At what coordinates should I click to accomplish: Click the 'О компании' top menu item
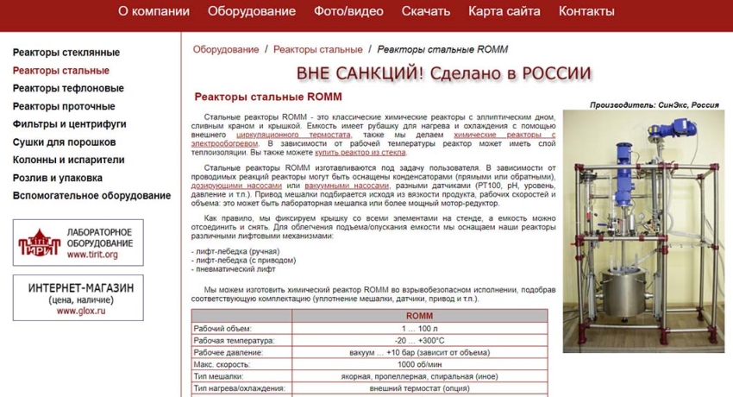coord(153,11)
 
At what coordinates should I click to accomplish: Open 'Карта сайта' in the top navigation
coord(504,11)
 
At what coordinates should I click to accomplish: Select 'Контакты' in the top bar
coord(586,11)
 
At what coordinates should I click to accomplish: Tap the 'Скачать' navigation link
coord(426,11)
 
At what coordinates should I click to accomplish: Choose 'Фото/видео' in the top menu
coord(348,11)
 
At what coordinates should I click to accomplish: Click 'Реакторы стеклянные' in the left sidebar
coord(66,53)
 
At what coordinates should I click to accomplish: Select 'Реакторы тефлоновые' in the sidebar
coord(68,88)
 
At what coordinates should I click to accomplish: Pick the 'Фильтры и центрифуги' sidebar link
coord(70,124)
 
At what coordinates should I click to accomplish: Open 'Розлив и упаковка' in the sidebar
coord(58,178)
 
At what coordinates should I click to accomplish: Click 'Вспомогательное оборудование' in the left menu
coord(91,196)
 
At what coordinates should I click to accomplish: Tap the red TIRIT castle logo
coord(37,243)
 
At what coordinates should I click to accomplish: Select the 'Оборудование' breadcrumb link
coord(226,50)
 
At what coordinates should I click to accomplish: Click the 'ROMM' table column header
coord(419,316)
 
